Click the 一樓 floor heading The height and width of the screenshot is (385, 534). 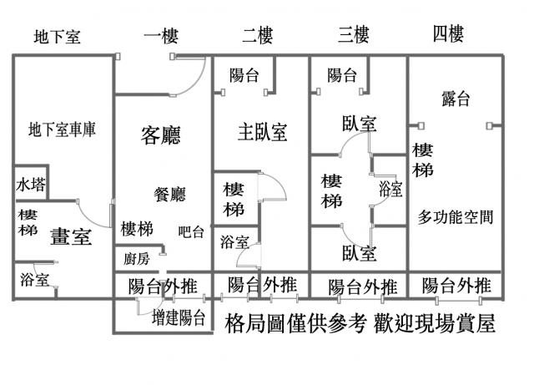(160, 36)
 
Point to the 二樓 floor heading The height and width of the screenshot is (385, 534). (257, 36)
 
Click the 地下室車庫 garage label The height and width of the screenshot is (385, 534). (63, 130)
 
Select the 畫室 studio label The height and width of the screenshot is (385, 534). (71, 236)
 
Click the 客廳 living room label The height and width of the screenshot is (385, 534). (161, 134)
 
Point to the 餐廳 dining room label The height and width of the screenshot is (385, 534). (170, 195)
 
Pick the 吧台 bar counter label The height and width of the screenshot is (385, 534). (190, 232)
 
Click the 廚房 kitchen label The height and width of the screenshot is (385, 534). (136, 259)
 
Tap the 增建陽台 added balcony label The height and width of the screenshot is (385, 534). (179, 317)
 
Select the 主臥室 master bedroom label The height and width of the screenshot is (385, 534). (262, 131)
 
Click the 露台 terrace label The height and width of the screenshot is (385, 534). (456, 99)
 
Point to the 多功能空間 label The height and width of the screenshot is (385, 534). (456, 218)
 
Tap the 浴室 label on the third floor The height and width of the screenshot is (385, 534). (390, 187)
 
